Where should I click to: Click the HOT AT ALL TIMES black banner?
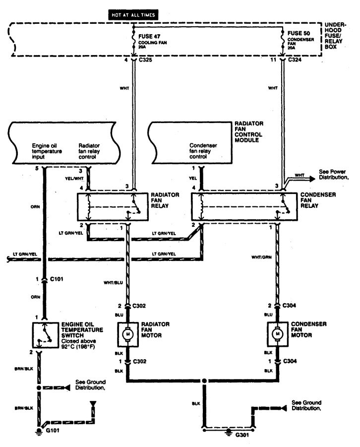(133, 15)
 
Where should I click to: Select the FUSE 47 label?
(149, 37)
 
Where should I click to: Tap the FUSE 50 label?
(299, 33)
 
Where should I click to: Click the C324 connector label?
(295, 60)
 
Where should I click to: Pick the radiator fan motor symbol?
(128, 334)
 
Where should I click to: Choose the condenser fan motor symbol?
(277, 334)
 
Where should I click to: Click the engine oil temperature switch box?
(45, 335)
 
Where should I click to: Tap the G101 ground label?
(53, 430)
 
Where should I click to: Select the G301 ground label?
(242, 435)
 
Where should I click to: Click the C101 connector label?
(57, 279)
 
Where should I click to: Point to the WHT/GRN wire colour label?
(261, 257)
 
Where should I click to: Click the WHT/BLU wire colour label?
(113, 282)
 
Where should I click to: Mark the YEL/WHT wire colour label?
(74, 179)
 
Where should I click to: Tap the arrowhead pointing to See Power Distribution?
(312, 179)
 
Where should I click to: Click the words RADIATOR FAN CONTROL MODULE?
(249, 131)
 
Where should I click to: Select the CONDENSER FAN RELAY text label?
(318, 200)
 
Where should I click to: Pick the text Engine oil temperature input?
(47, 151)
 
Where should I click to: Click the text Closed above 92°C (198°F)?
(78, 344)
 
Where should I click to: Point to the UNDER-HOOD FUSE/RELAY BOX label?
(335, 36)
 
